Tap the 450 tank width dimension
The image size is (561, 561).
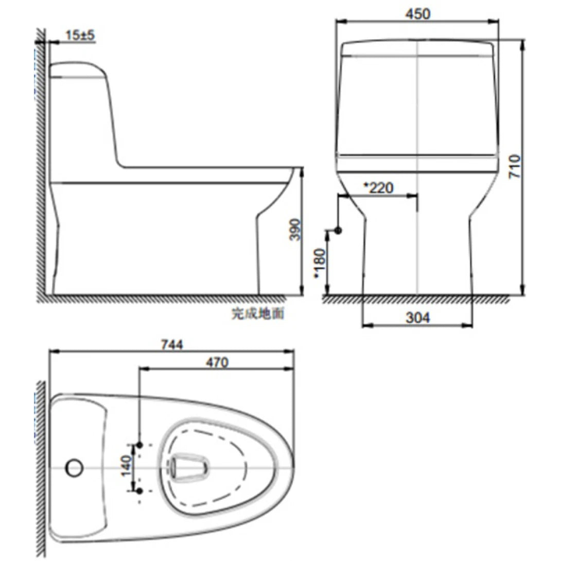pos(417,14)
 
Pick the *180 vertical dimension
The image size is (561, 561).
pos(320,263)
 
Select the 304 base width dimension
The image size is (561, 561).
pos(417,318)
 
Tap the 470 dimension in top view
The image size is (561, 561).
pos(217,362)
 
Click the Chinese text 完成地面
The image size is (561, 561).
pos(257,313)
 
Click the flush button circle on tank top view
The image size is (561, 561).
pos(74,467)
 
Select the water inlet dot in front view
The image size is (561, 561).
pos(338,231)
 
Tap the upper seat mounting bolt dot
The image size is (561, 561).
pos(139,444)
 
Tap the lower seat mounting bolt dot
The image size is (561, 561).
pos(139,491)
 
